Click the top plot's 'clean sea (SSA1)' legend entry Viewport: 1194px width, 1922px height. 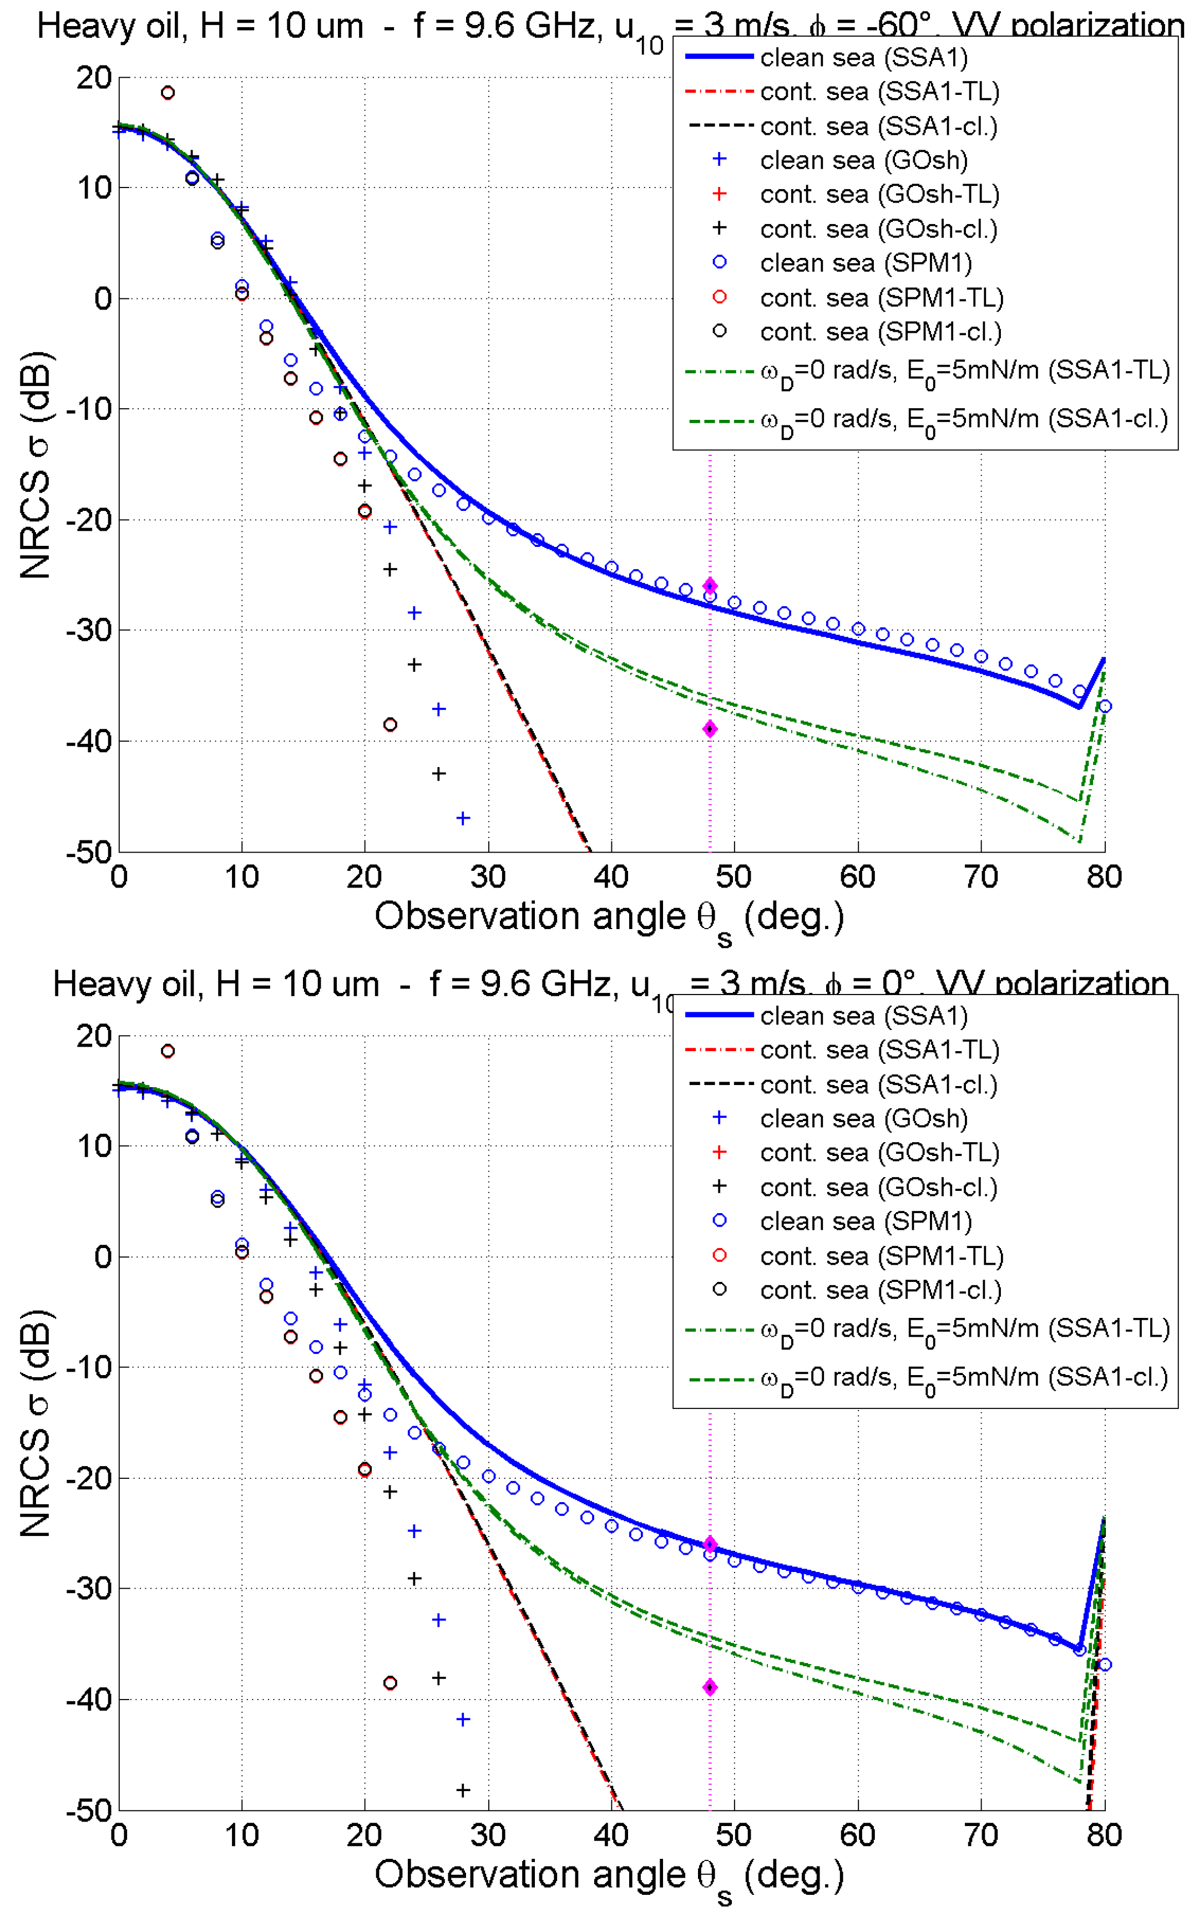pyautogui.click(x=863, y=58)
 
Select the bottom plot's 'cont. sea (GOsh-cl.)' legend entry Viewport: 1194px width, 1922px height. pyautogui.click(x=878, y=1186)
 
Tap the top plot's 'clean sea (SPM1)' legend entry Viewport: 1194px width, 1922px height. pyautogui.click(x=866, y=263)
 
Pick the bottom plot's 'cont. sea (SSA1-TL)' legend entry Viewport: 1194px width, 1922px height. pyautogui.click(x=879, y=1050)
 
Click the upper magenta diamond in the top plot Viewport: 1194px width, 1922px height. pyautogui.click(x=710, y=586)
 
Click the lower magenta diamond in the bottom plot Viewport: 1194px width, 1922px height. pyautogui.click(x=710, y=1687)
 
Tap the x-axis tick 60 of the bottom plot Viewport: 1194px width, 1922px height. pyautogui.click(x=858, y=1835)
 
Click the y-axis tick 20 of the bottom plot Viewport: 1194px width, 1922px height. pyautogui.click(x=94, y=1036)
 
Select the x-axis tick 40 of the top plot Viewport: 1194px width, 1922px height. pyautogui.click(x=611, y=877)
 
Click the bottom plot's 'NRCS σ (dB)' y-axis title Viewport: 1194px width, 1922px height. pyautogui.click(x=36, y=1423)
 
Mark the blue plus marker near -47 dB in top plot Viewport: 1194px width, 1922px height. pyautogui.click(x=463, y=818)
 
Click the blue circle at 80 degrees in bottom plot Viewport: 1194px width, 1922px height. pyautogui.click(x=1105, y=1665)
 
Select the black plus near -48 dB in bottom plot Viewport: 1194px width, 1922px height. pyautogui.click(x=463, y=1790)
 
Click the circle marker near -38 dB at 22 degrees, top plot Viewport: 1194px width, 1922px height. pyautogui.click(x=390, y=724)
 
